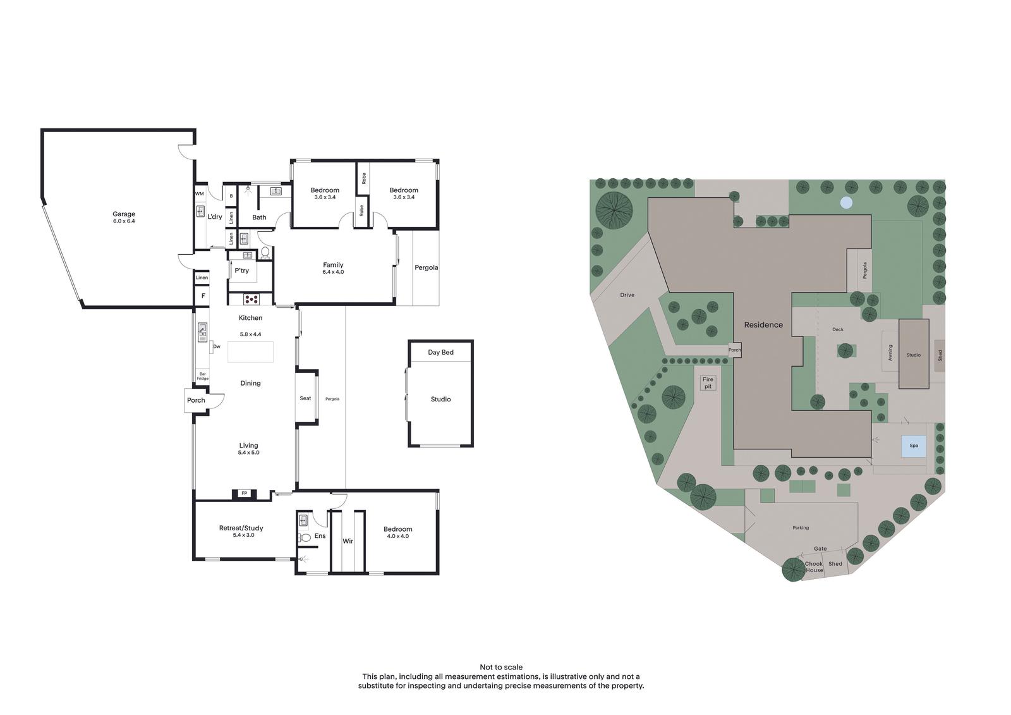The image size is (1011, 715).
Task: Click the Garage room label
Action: pos(124,214)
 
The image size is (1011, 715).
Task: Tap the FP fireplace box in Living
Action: pos(244,494)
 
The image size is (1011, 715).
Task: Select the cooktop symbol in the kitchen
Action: pos(251,298)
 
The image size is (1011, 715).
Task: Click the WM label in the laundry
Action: pos(200,194)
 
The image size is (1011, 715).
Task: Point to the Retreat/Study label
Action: pos(241,527)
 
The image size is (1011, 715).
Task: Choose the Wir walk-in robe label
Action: pos(348,541)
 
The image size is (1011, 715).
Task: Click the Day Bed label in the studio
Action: pos(440,352)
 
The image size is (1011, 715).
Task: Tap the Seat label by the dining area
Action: pos(305,398)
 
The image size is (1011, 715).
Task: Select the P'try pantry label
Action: pos(241,271)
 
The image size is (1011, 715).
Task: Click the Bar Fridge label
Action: pos(203,376)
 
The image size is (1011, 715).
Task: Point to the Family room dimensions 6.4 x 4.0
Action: pos(333,272)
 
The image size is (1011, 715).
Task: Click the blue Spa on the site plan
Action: pos(914,445)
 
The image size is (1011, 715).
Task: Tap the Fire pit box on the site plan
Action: pos(708,382)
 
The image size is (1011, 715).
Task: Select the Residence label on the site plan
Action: pos(763,324)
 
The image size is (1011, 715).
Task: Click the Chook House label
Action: pos(814,567)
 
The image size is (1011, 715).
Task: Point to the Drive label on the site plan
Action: pos(627,295)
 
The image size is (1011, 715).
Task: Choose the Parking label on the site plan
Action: pos(800,527)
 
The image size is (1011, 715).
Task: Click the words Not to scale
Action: pos(501,667)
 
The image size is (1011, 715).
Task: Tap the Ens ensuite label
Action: pos(320,535)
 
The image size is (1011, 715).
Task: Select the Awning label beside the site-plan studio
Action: pos(890,352)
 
